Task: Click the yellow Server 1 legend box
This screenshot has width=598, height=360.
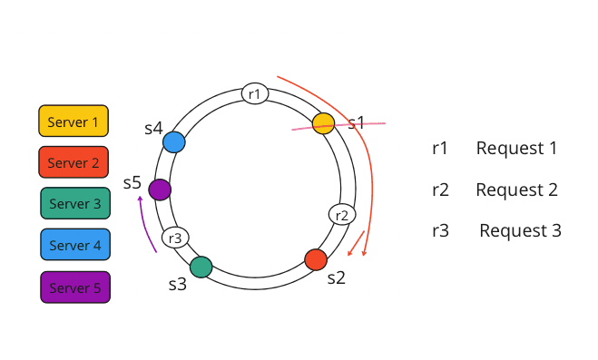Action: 74,121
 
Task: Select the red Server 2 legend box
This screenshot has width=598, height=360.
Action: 74,162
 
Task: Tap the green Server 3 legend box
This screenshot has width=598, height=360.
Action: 75,204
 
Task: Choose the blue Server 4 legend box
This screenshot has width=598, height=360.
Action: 75,245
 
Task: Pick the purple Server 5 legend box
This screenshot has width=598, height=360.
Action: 75,287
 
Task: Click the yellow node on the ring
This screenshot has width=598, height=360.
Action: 323,123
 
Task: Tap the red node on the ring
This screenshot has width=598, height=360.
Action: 316,259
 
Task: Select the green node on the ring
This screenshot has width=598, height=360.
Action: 201,267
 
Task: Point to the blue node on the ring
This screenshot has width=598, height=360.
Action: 174,142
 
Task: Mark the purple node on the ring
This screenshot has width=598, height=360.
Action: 159,190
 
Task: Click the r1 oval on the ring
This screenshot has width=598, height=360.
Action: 255,93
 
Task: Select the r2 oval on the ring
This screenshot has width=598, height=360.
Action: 341,215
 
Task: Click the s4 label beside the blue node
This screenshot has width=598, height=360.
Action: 153,129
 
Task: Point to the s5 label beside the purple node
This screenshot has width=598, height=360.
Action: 132,183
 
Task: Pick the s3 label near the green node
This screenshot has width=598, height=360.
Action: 177,284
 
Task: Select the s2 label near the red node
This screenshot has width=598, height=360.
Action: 336,277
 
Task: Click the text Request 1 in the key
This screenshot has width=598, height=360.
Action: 516,148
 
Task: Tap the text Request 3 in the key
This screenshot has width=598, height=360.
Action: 520,230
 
